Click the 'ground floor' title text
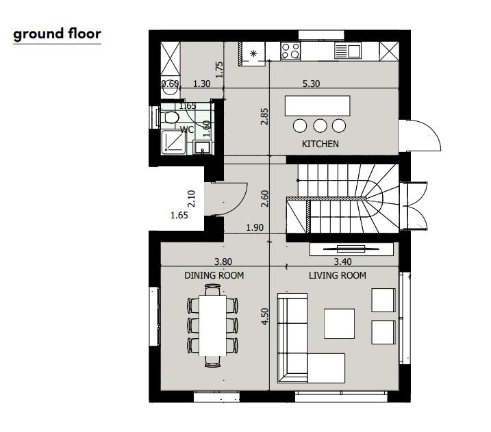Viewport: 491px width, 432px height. pyautogui.click(x=57, y=34)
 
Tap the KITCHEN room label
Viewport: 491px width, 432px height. pyautogui.click(x=320, y=144)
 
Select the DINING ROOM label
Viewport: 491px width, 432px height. pyautogui.click(x=214, y=276)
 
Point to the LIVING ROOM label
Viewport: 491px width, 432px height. pyautogui.click(x=337, y=276)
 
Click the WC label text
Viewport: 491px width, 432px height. pyautogui.click(x=187, y=129)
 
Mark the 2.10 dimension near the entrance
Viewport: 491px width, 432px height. pyautogui.click(x=192, y=199)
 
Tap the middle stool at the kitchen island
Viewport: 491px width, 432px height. pyautogui.click(x=320, y=125)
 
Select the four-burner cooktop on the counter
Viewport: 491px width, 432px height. pyautogui.click(x=290, y=51)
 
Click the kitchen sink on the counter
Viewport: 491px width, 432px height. pyautogui.click(x=347, y=51)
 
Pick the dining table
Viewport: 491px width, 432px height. pyautogui.click(x=212, y=325)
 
